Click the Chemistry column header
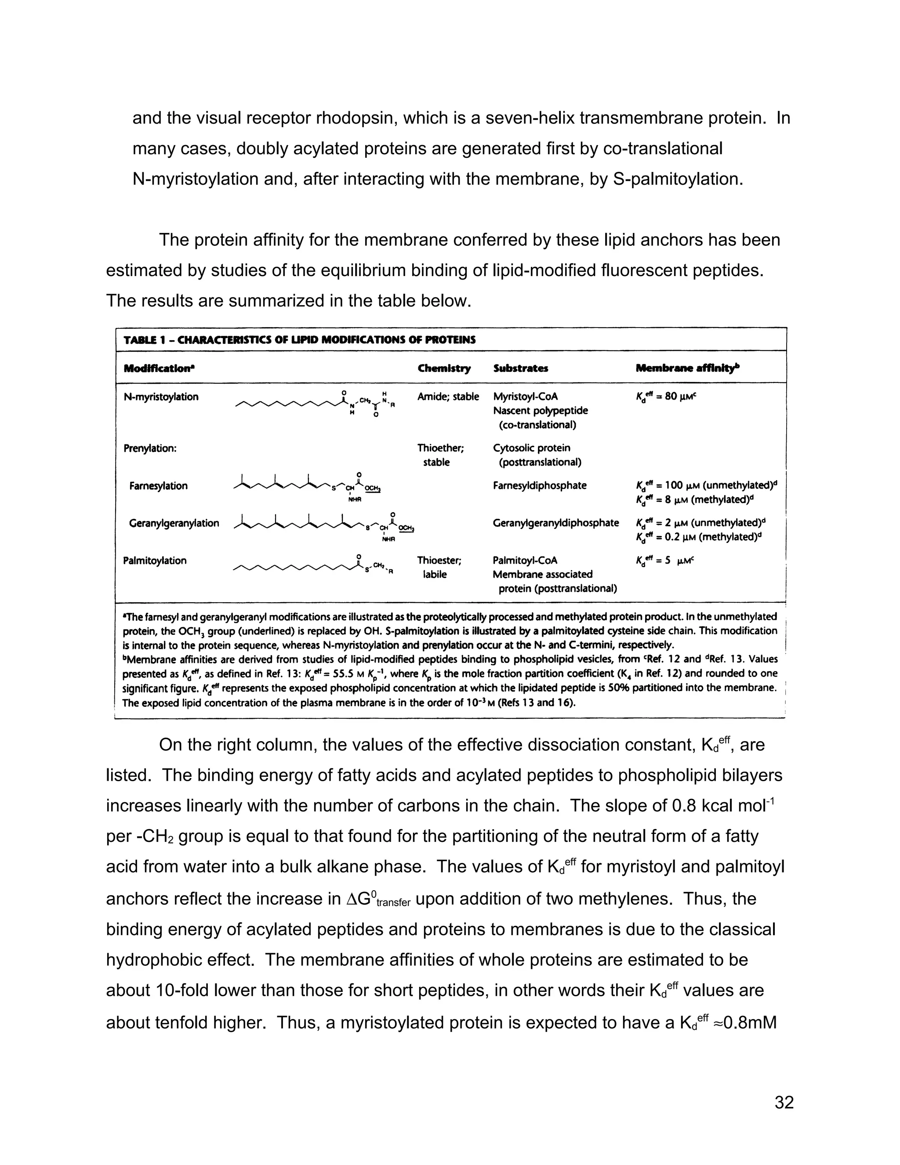click(444, 368)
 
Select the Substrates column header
click(520, 368)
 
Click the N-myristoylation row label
click(161, 397)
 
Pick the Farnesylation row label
click(158, 486)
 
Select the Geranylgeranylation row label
click(174, 523)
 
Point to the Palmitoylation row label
click(155, 561)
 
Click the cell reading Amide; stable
click(448, 397)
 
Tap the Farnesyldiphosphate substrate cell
click(540, 486)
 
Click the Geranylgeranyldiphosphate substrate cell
click(555, 523)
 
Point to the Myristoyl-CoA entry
click(525, 397)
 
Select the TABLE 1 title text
click(300, 340)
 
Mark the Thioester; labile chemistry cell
click(439, 568)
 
